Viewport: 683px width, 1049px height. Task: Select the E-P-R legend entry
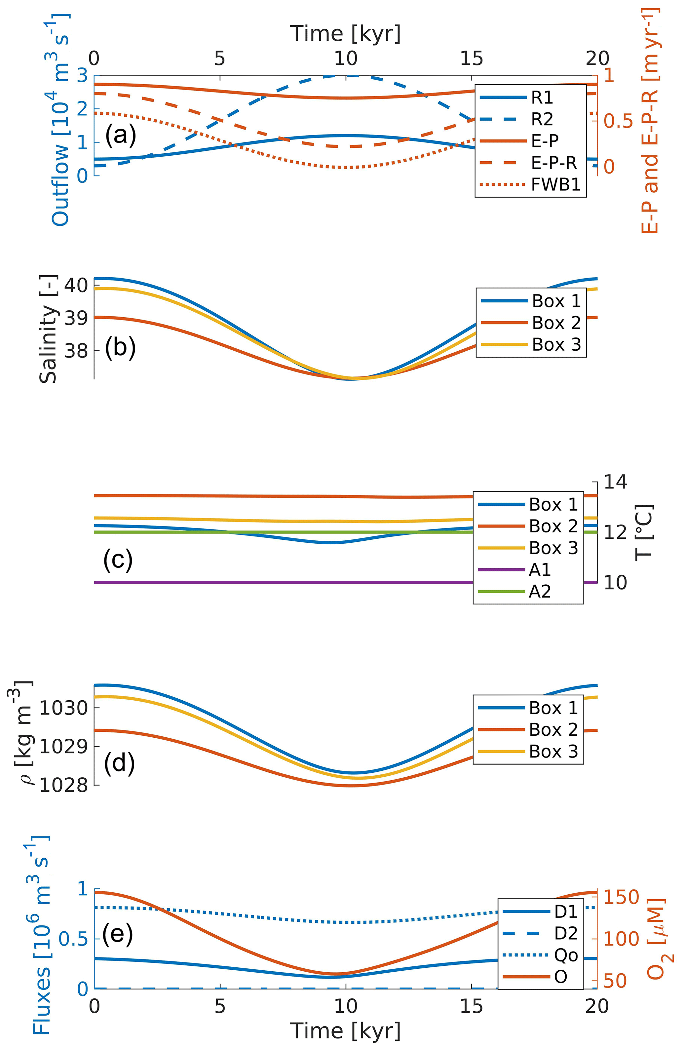(553, 163)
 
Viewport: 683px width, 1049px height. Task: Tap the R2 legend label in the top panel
(542, 119)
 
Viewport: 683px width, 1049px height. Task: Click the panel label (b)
(120, 347)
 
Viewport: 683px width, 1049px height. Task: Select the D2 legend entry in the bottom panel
(566, 933)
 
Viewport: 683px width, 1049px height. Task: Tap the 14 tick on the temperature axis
(615, 482)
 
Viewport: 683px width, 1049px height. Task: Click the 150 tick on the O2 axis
(621, 897)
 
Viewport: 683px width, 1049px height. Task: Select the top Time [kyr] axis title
(345, 33)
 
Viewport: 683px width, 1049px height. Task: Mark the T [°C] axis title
(644, 532)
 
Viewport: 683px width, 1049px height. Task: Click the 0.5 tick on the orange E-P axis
(618, 122)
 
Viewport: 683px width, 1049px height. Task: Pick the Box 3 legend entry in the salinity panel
(556, 344)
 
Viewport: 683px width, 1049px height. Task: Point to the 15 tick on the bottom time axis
(472, 1006)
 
